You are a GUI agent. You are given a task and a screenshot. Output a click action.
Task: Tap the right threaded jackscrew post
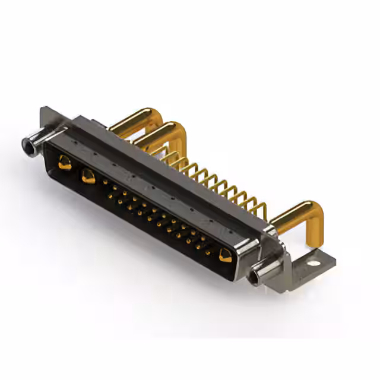264,272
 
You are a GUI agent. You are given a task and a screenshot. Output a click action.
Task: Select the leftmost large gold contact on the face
65,162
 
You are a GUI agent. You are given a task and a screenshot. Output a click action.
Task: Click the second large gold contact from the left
88,175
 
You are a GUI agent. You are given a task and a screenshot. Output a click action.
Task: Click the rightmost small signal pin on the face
208,252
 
